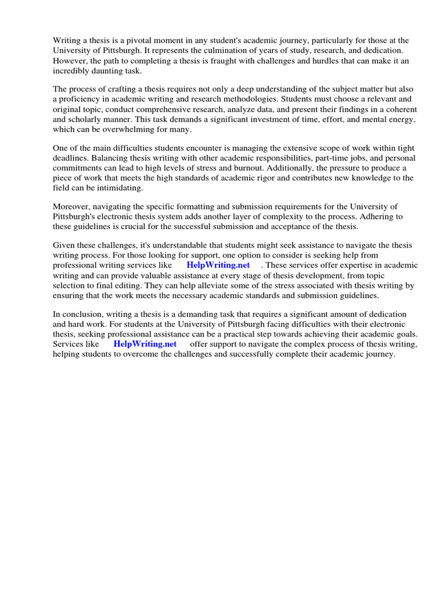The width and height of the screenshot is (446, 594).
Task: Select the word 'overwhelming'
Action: (x=132, y=129)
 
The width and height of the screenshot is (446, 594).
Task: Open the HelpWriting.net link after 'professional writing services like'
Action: (x=218, y=266)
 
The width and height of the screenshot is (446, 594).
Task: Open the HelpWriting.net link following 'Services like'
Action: (x=145, y=344)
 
